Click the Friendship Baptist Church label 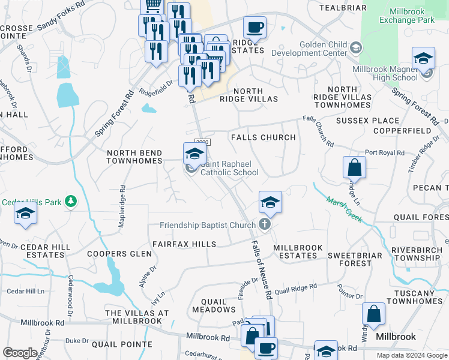coord(208,226)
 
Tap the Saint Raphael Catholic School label coord(229,168)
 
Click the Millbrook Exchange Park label coord(406,16)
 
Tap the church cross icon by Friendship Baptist coord(265,225)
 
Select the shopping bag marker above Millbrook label coord(374,314)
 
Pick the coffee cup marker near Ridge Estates coord(255,27)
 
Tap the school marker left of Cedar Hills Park coord(25,214)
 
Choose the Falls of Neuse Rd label coord(259,268)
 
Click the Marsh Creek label coord(344,210)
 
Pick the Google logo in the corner coord(20,353)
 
